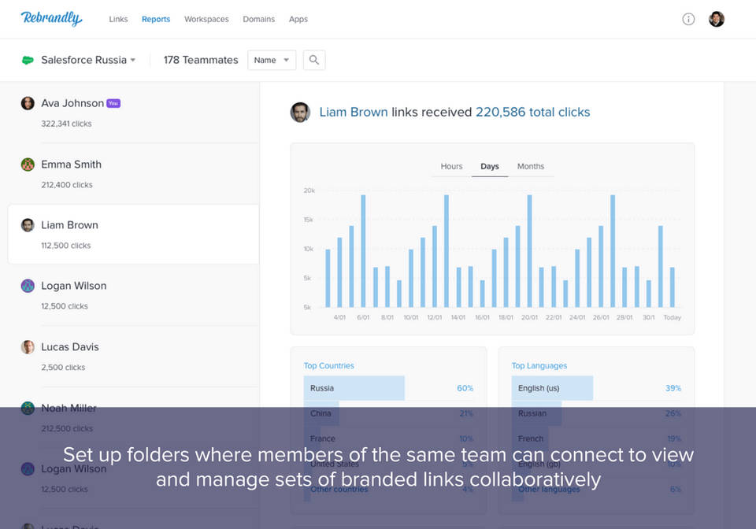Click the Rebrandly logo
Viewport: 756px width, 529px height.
tap(51, 18)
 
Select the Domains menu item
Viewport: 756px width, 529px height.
tap(258, 19)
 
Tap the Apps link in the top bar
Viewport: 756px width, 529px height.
tap(298, 19)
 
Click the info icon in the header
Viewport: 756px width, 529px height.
tap(688, 19)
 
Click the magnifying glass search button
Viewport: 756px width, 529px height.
tap(313, 60)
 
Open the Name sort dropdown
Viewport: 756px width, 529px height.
tap(272, 60)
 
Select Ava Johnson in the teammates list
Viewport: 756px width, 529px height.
tap(72, 103)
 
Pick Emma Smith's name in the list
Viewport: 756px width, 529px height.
tap(71, 165)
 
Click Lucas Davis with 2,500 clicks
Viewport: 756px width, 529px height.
tap(69, 347)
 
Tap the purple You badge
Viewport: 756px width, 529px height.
tap(113, 103)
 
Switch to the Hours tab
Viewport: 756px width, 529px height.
tap(451, 166)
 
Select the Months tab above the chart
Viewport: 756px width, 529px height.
tap(530, 166)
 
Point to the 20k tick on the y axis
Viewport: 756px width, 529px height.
tap(309, 191)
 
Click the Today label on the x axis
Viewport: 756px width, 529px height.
tap(672, 318)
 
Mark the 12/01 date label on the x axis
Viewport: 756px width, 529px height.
tap(434, 318)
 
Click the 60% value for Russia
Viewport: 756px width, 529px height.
tap(465, 388)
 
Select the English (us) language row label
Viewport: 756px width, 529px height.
tap(539, 388)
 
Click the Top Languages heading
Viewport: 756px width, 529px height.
tap(539, 366)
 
